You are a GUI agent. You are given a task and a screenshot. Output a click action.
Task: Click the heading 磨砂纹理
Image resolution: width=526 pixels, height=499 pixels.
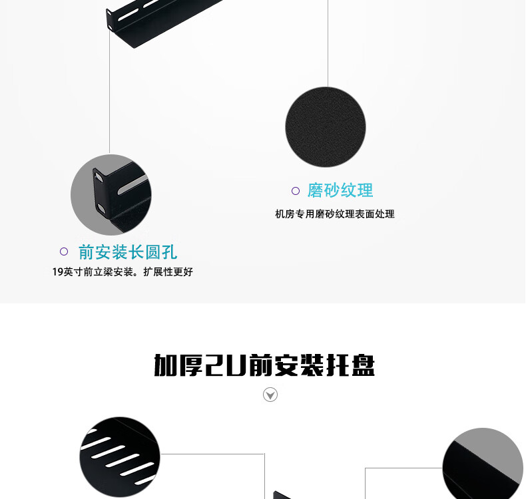pos(340,190)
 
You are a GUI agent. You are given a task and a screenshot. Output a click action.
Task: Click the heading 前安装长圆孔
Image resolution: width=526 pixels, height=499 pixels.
pos(128,252)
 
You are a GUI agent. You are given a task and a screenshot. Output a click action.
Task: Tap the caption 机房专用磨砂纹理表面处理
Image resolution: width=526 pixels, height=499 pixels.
pos(335,214)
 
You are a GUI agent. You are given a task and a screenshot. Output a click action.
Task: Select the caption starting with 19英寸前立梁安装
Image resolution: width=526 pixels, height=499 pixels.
pos(123,272)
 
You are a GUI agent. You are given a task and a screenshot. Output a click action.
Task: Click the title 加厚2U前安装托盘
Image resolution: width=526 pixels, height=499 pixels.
pos(264,365)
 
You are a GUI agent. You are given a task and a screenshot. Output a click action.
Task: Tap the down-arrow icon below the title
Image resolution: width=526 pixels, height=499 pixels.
pos(270,395)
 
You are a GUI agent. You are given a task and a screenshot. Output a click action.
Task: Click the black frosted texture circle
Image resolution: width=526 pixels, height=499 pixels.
pos(326,126)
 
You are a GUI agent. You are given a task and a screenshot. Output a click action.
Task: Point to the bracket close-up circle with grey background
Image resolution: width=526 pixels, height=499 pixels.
pos(111,195)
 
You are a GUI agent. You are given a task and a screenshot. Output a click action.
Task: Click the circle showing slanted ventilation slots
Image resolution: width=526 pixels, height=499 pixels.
pos(120,456)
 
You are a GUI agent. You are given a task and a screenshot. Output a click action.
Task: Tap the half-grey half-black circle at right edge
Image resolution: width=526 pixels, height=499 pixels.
pos(483,463)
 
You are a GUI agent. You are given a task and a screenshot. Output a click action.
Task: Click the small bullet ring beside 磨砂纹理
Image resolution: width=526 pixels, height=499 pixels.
pos(296,191)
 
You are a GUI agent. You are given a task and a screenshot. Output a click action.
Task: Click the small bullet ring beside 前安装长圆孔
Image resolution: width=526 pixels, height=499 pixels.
pos(64,251)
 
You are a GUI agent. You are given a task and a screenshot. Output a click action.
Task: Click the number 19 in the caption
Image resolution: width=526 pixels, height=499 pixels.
pos(57,272)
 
